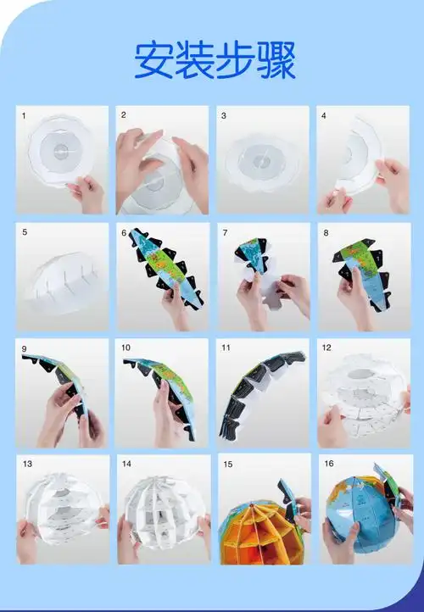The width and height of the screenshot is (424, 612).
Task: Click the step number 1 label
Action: tap(24, 114)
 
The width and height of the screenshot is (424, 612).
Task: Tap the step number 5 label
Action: tap(24, 231)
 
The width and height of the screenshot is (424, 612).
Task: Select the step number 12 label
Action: tap(326, 348)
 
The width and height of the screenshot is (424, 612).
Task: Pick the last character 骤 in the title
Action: tap(275, 59)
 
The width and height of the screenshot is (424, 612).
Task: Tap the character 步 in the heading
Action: tap(235, 59)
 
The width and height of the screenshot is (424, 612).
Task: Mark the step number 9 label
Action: tap(24, 348)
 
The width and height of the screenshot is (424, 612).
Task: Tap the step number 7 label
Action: tap(225, 231)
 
